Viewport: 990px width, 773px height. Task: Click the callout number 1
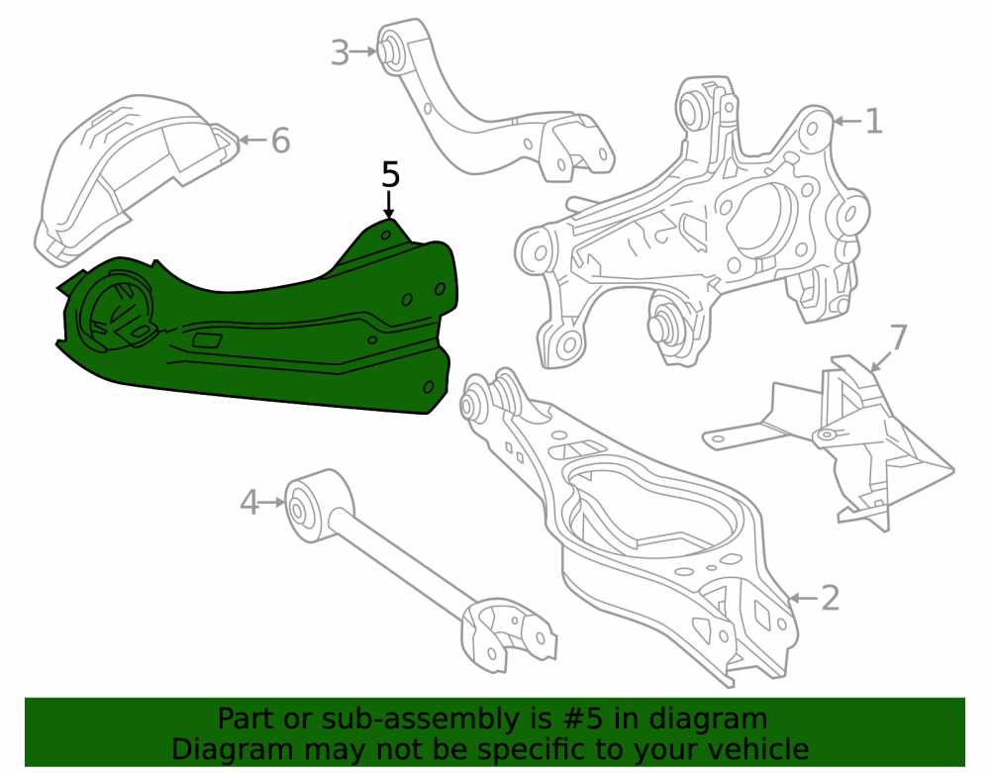click(873, 121)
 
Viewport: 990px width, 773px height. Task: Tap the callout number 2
click(830, 598)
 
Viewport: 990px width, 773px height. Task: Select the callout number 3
click(340, 52)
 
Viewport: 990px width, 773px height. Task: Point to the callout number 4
click(249, 503)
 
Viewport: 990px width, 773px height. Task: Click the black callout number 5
click(391, 174)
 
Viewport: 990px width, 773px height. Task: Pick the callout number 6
click(280, 141)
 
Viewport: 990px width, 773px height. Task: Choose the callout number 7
click(898, 337)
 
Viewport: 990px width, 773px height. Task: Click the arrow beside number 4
click(273, 502)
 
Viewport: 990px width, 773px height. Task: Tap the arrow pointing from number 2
click(803, 598)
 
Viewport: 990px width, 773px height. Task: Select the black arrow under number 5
click(389, 204)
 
